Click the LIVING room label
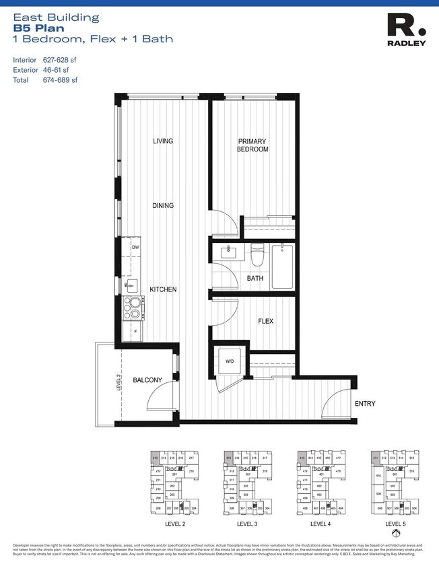[163, 141]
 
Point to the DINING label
[163, 206]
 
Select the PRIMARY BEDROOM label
[252, 145]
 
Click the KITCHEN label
[163, 289]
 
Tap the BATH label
[255, 278]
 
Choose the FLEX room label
[265, 322]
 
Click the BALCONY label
[147, 380]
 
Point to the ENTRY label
[365, 404]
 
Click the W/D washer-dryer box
[229, 363]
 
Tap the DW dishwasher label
[135, 248]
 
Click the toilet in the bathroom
[257, 256]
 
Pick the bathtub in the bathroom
[282, 267]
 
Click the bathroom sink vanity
[226, 253]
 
